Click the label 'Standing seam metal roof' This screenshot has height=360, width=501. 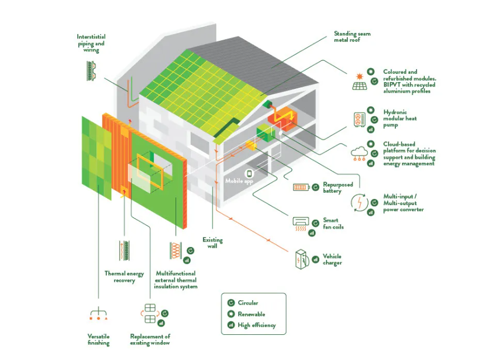(x=352, y=37)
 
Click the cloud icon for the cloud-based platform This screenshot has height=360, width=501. (x=358, y=153)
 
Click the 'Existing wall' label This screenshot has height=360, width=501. (x=212, y=243)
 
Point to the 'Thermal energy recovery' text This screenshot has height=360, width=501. (x=124, y=277)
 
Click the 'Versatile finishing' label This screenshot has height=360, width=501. (x=98, y=339)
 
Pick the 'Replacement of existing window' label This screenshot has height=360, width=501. (x=150, y=339)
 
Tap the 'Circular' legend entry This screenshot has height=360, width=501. (x=248, y=303)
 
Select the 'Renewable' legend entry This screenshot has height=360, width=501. (x=251, y=314)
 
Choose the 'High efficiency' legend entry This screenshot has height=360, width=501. (x=257, y=325)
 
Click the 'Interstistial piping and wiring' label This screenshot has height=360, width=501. (x=91, y=43)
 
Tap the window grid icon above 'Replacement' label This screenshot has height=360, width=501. (x=150, y=314)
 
